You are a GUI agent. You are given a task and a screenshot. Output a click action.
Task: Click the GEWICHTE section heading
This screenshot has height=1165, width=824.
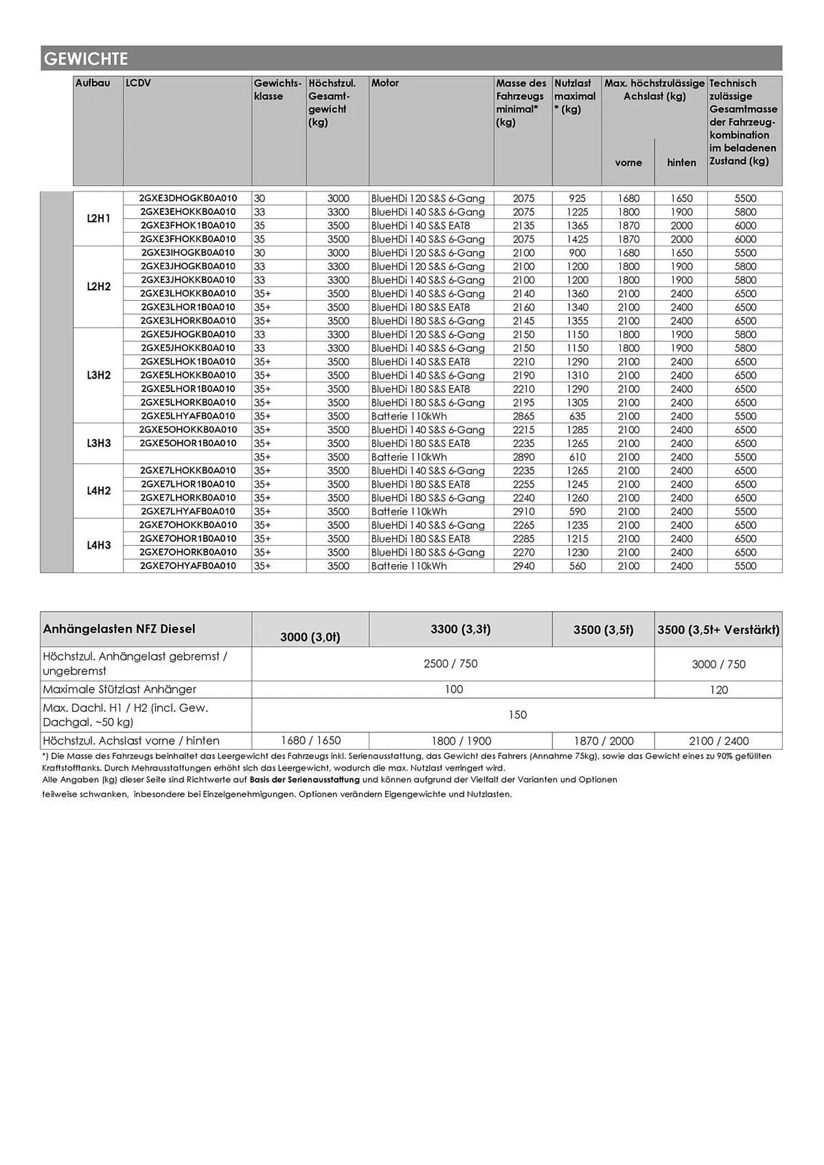point(86,59)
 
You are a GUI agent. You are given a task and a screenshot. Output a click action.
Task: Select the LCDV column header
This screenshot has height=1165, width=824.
point(138,83)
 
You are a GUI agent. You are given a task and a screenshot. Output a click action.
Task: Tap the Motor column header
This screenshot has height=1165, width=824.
point(385,83)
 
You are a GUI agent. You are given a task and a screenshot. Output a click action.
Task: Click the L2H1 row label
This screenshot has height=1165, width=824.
point(98,218)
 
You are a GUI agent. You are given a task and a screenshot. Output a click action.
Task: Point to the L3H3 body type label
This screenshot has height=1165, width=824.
point(98,443)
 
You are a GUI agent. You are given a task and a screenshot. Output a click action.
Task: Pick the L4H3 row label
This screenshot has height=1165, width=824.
point(98,545)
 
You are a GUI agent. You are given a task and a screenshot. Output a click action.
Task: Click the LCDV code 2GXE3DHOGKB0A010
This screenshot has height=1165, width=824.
point(188,198)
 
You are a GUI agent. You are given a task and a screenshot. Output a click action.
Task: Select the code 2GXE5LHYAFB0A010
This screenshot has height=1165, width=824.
point(188,416)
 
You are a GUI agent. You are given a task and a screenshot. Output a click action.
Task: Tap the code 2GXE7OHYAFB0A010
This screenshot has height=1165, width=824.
point(188,566)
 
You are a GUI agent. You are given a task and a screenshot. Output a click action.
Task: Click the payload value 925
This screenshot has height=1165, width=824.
point(577,199)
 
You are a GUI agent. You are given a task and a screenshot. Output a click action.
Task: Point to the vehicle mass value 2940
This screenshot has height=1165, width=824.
point(523,566)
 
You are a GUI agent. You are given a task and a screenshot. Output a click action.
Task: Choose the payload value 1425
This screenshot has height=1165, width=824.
point(577,239)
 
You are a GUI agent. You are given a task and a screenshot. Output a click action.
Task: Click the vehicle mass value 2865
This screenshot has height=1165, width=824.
point(523,416)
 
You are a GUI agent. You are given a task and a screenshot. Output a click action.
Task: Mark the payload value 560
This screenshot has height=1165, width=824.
point(577,566)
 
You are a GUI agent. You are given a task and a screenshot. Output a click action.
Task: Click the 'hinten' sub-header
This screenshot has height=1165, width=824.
point(681,163)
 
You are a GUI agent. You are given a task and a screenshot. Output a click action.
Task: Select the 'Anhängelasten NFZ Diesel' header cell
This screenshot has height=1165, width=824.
point(119,629)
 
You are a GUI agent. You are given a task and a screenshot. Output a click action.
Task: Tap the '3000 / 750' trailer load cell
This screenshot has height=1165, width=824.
point(718,664)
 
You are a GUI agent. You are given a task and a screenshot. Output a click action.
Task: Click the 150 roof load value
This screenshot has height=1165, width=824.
point(517,715)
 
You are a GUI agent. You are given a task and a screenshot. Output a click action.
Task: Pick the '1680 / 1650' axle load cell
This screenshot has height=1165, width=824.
point(311,740)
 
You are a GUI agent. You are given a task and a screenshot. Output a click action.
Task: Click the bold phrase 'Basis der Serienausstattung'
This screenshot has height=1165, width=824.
point(304,779)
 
